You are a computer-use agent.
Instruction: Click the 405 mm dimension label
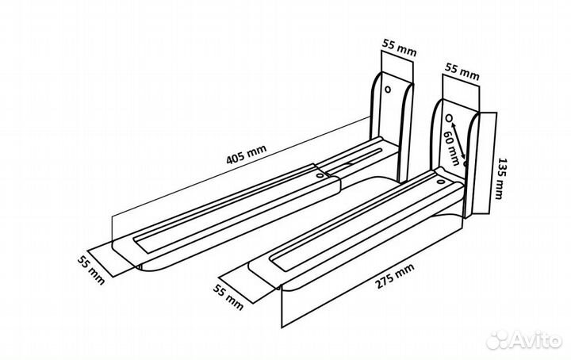tap(247, 155)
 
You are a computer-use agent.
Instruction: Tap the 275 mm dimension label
tap(395, 276)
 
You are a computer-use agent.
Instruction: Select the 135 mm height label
tap(500, 178)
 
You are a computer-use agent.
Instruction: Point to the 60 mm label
tap(450, 147)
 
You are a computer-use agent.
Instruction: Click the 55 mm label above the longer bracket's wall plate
tap(399, 48)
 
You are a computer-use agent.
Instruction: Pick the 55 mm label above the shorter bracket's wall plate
tap(462, 71)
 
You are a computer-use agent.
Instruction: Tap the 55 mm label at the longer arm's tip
tap(91, 270)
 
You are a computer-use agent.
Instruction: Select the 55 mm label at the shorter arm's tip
tap(228, 297)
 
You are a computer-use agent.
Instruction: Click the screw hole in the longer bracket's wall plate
tap(388, 89)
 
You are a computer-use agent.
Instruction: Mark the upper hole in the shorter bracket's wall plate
tap(449, 118)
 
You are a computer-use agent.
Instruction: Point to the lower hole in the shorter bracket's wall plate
tap(465, 163)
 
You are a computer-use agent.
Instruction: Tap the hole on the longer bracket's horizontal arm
tap(320, 175)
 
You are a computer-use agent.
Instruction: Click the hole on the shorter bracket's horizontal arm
tap(441, 182)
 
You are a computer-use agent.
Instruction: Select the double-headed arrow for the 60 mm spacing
tap(458, 140)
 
